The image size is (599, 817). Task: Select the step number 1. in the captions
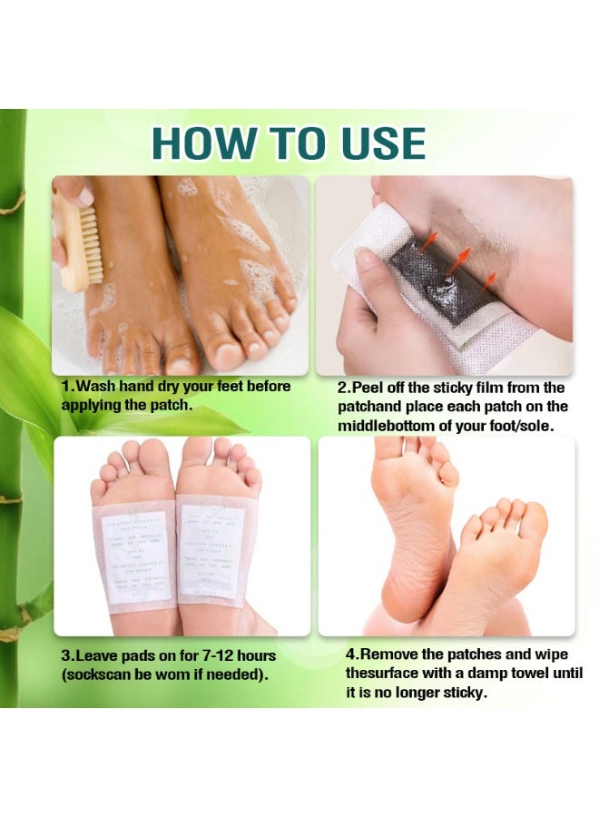[x=68, y=387]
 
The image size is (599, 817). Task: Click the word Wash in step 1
[x=96, y=387]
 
